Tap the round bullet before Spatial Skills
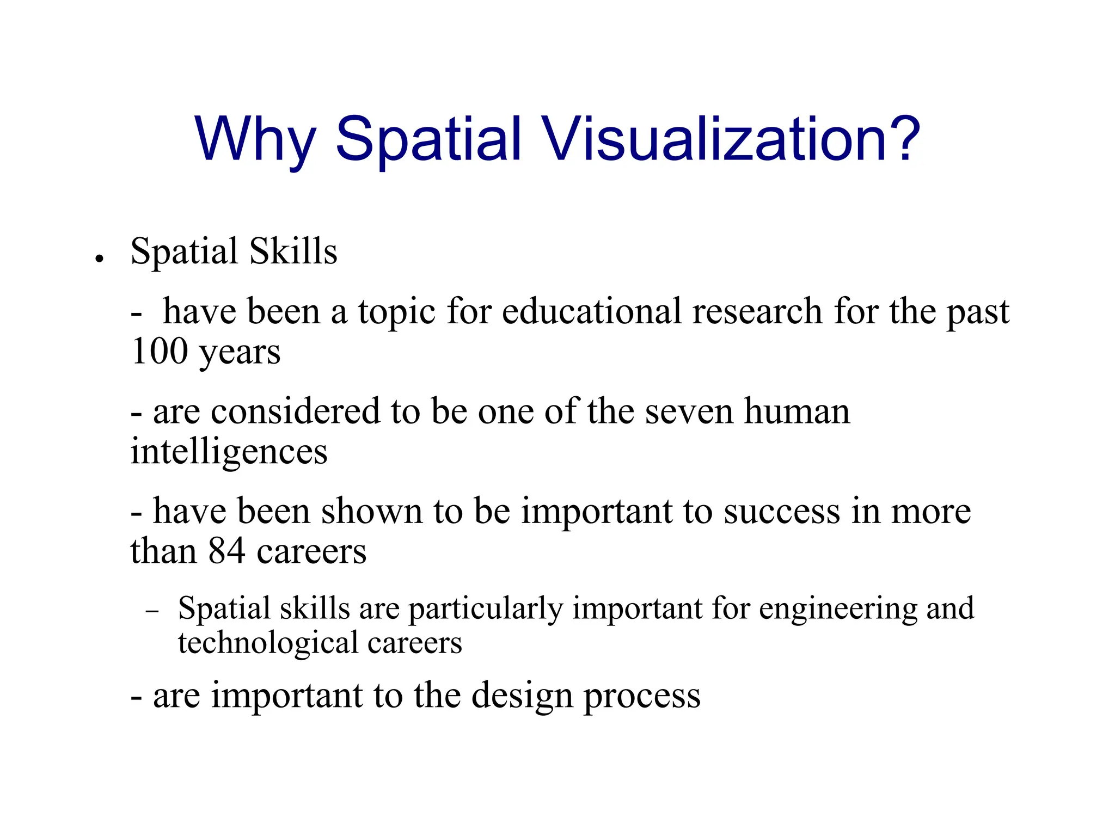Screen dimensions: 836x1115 point(99,259)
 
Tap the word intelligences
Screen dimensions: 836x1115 point(229,452)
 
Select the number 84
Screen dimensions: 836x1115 point(226,551)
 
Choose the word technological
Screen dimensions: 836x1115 point(267,643)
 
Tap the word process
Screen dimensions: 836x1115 point(642,697)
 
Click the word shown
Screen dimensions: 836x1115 point(371,512)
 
